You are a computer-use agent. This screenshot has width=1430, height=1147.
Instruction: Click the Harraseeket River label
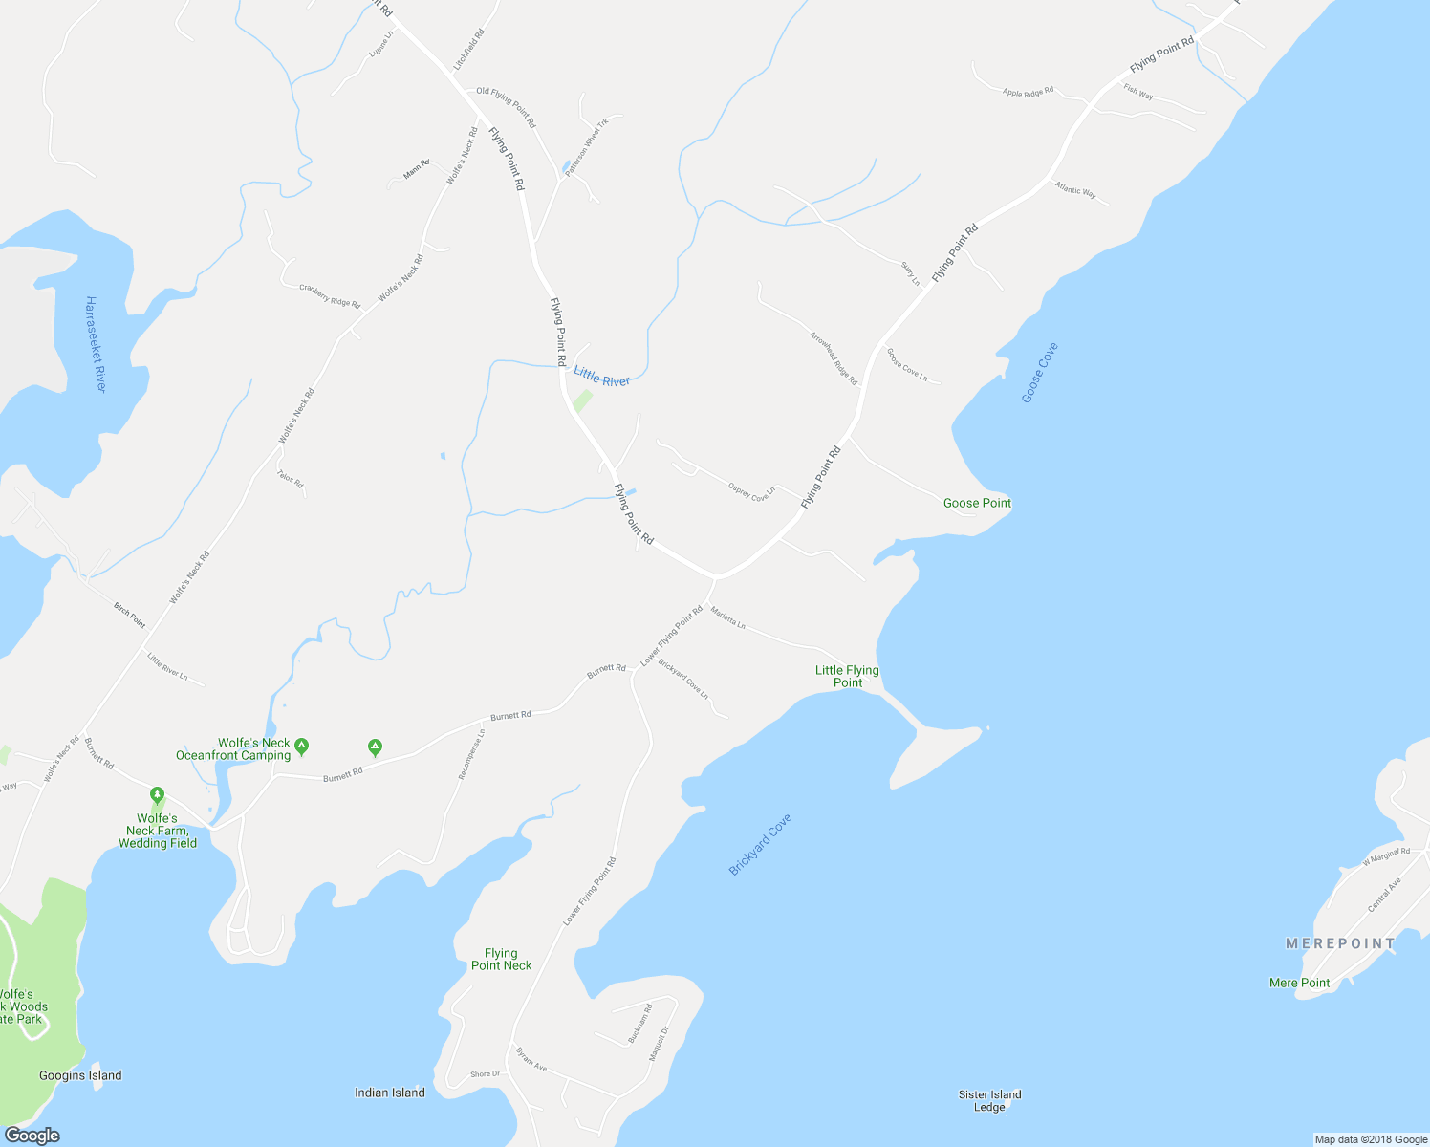tap(95, 344)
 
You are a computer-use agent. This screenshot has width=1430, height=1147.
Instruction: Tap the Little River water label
tap(601, 378)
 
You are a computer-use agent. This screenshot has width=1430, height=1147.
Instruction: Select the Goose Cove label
tap(1039, 373)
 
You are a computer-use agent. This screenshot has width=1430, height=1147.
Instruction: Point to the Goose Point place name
tap(977, 503)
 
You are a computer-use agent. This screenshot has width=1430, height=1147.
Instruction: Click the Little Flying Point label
tap(847, 676)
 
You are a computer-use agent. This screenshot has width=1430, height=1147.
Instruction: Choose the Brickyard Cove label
tap(760, 844)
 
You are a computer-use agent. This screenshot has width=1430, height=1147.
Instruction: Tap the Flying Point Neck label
tap(501, 959)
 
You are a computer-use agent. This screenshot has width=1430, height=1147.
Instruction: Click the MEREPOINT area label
tap(1341, 943)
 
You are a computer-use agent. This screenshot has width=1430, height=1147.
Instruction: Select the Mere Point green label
tap(1299, 983)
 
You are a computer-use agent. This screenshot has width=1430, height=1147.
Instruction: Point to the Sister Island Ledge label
tap(989, 1100)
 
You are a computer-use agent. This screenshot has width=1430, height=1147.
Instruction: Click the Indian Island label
tap(389, 1093)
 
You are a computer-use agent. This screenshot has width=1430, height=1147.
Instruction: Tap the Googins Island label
tap(80, 1075)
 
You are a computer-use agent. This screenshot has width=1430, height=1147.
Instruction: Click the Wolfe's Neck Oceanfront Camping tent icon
tap(302, 745)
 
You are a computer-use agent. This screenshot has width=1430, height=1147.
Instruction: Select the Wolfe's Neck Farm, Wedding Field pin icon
tap(157, 795)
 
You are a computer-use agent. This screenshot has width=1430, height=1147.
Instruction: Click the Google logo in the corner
tap(32, 1135)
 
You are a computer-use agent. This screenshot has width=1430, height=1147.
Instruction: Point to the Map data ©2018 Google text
tap(1371, 1139)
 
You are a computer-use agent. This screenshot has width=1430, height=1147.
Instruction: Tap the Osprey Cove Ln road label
tap(750, 491)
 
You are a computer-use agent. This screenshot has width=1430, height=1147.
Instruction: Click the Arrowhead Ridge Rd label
tap(834, 358)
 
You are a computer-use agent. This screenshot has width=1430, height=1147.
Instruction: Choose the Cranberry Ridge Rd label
tap(330, 295)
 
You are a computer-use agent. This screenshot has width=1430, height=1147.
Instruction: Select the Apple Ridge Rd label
tap(1028, 93)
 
